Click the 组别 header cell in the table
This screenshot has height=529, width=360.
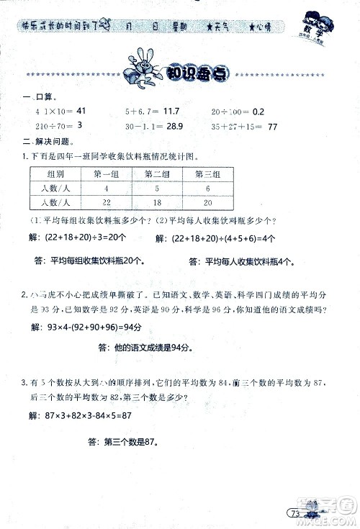click(x=55, y=173)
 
